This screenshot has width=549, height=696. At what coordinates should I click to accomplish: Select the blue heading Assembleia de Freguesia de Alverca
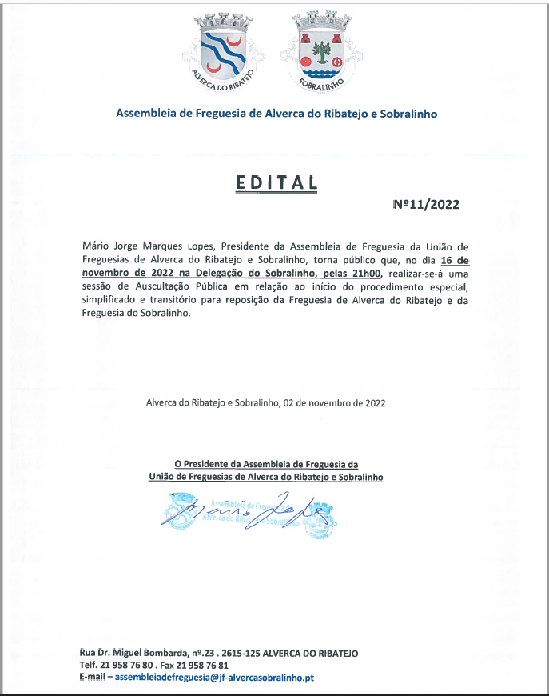pos(276,114)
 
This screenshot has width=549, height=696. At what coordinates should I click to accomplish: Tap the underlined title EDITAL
pos(276,182)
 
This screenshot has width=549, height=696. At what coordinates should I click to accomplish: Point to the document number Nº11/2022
pos(427,204)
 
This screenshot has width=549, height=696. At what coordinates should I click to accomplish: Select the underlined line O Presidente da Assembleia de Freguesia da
pos(266,464)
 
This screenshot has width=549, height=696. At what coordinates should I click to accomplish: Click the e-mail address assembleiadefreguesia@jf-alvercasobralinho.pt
pos(215,678)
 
